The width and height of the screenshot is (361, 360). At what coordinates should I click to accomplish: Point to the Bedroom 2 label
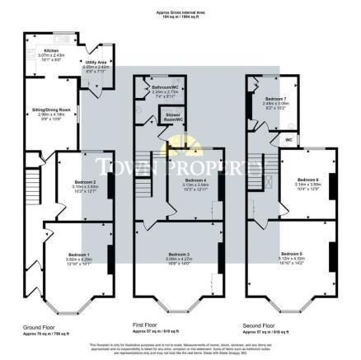click(x=84, y=182)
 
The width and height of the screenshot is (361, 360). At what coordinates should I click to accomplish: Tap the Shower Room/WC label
click(x=175, y=117)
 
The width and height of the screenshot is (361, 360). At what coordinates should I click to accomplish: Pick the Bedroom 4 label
click(x=196, y=180)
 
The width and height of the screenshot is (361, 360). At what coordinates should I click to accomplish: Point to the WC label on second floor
click(x=290, y=140)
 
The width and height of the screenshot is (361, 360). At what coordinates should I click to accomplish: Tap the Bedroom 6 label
click(x=307, y=179)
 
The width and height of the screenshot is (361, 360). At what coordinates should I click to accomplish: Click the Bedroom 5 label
click(x=293, y=253)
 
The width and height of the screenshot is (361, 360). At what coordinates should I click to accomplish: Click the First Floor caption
click(x=146, y=325)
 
